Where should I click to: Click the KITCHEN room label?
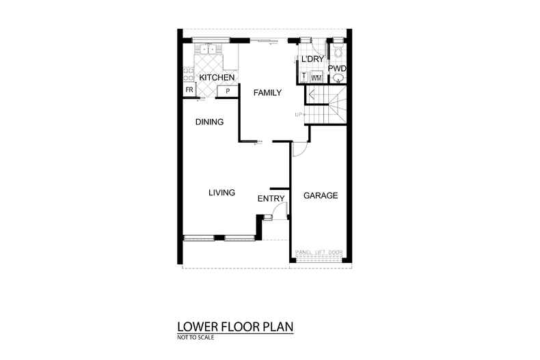(x=217, y=79)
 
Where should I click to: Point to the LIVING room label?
(x=221, y=193)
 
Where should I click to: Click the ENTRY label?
(x=271, y=199)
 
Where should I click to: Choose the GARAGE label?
(x=321, y=195)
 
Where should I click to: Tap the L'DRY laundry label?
(x=312, y=61)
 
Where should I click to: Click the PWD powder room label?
(x=337, y=68)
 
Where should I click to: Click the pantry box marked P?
(x=227, y=90)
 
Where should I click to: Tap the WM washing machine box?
(x=316, y=78)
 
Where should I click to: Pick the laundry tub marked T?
(x=303, y=77)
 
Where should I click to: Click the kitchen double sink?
(x=206, y=50)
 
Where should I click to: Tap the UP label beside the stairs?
(x=298, y=114)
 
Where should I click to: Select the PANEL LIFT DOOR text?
(x=319, y=253)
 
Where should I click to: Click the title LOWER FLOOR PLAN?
(x=235, y=327)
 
